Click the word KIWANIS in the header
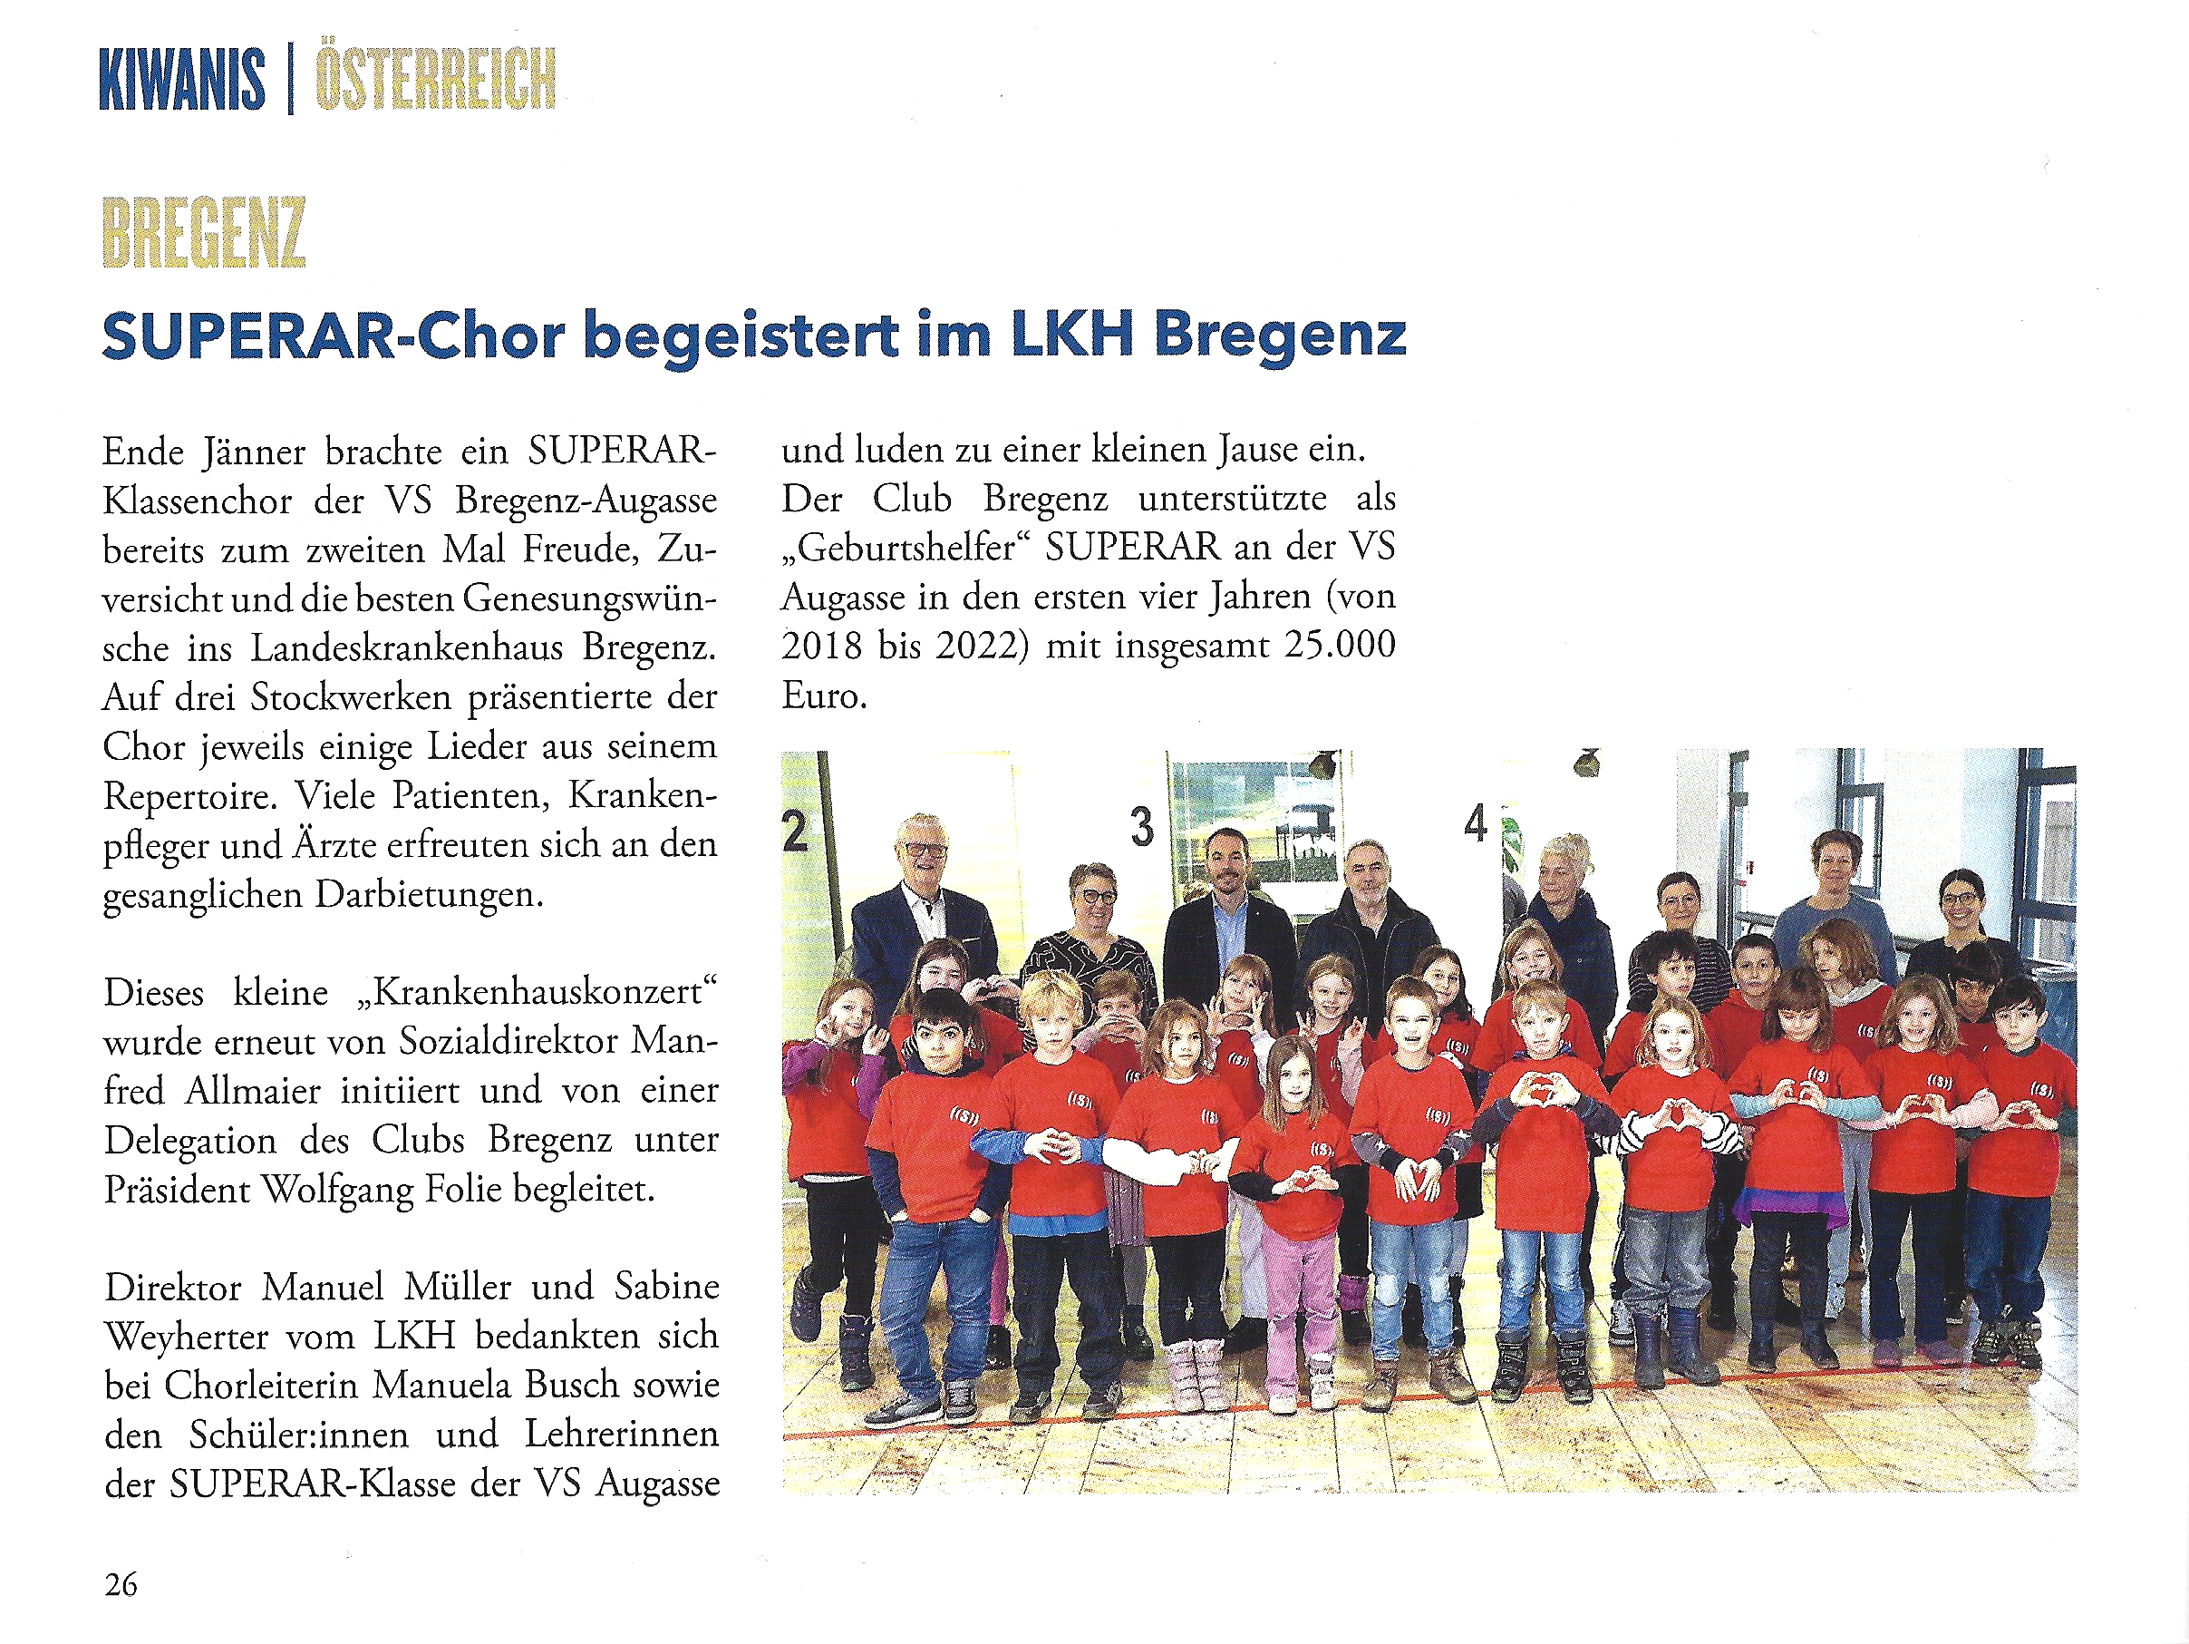(182, 80)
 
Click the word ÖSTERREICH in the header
(434, 80)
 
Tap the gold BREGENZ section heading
(204, 233)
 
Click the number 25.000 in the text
(1340, 646)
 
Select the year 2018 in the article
(820, 646)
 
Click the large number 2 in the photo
(795, 832)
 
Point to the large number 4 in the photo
(1476, 823)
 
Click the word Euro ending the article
(823, 695)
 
